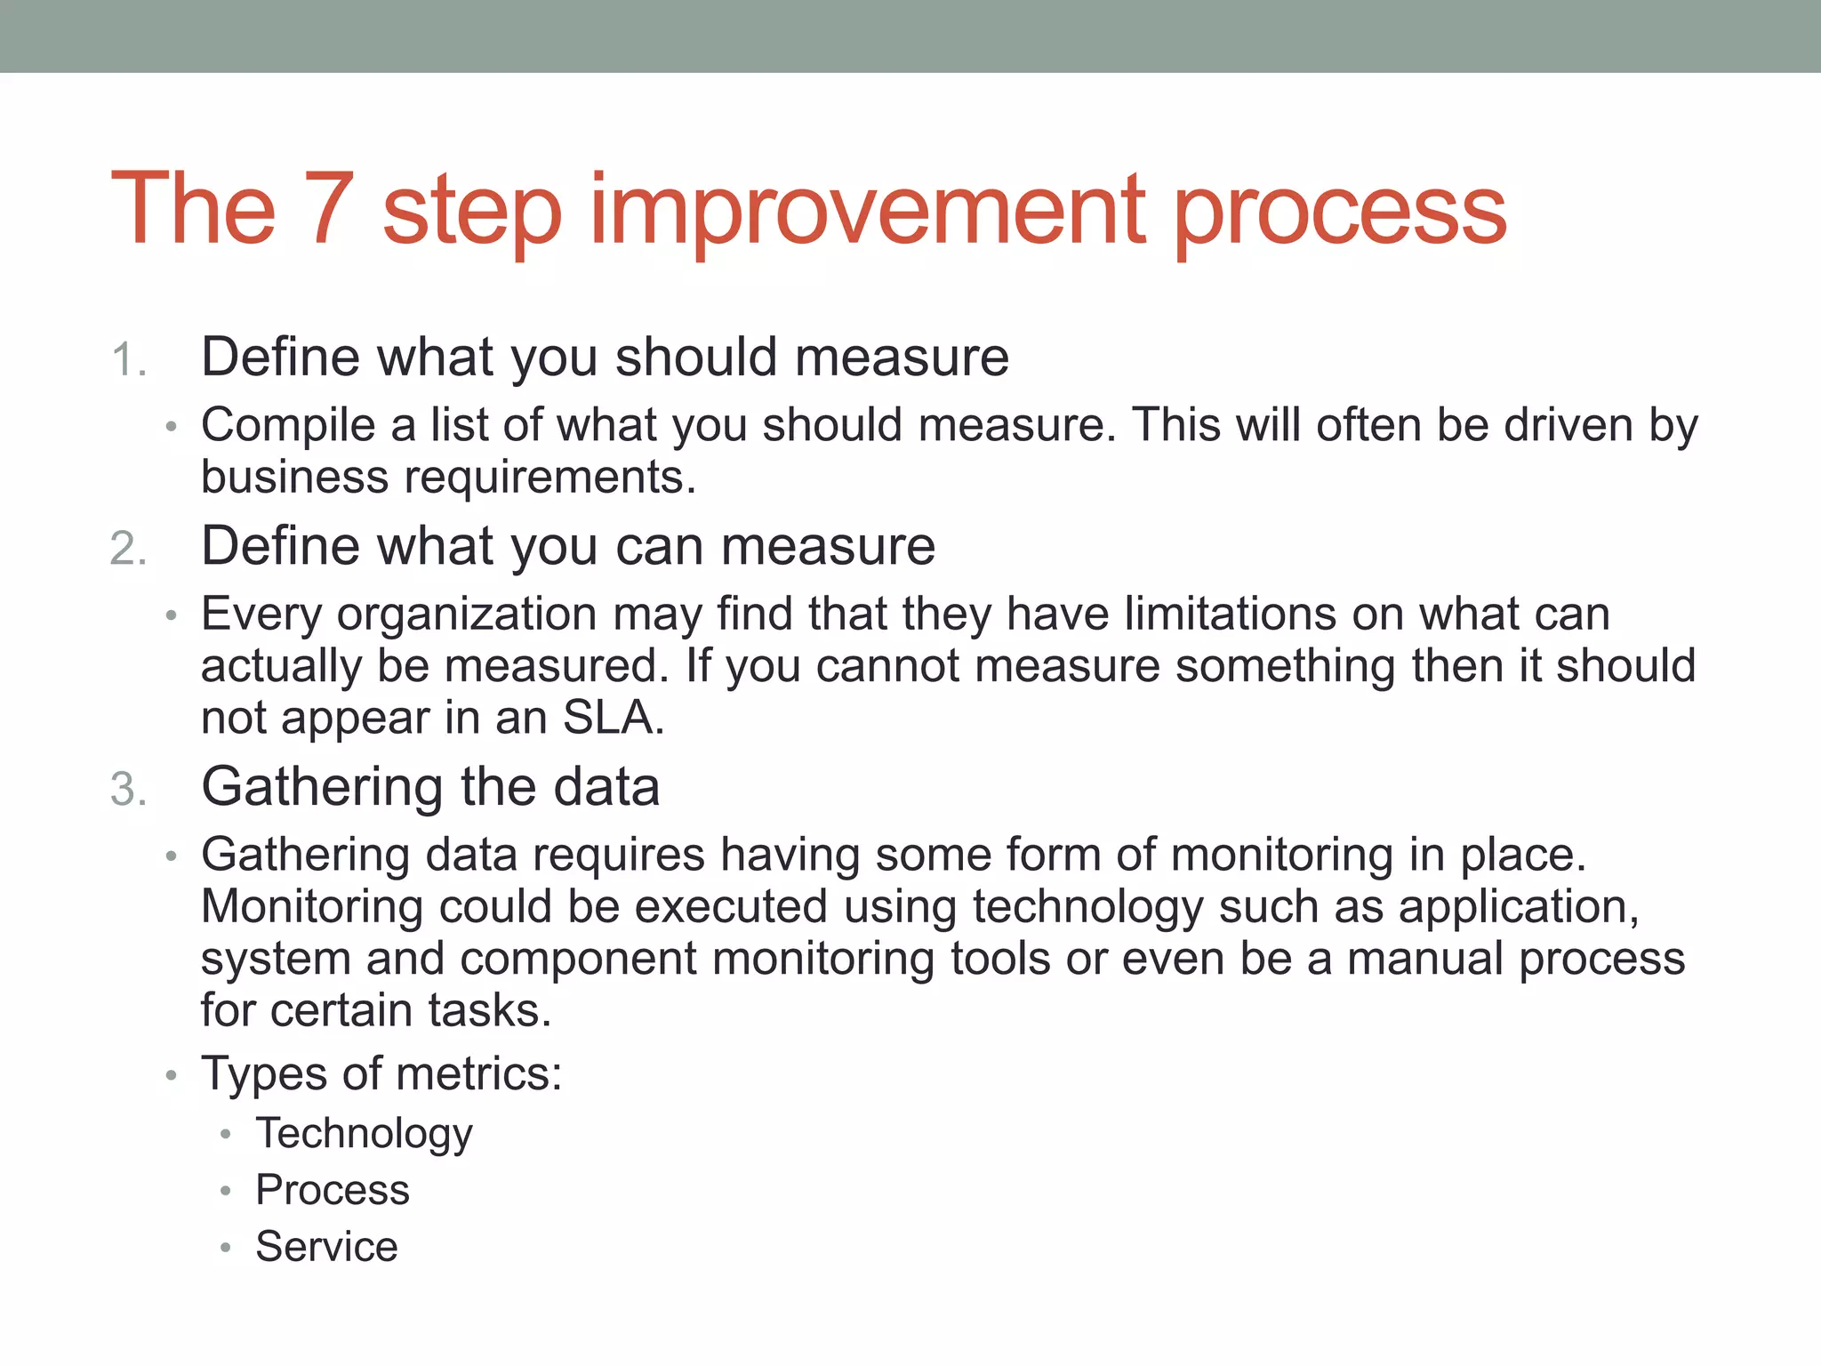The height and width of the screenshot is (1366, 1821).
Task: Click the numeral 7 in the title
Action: [x=329, y=209]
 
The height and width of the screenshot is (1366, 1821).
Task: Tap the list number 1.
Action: [x=127, y=361]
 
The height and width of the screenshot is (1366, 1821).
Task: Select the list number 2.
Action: [x=127, y=549]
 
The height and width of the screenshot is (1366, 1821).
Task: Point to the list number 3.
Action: [x=127, y=791]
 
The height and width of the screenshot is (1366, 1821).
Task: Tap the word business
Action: [x=294, y=478]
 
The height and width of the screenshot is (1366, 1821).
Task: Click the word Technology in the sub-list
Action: [x=364, y=1135]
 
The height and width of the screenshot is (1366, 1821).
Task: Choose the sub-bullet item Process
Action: [x=333, y=1191]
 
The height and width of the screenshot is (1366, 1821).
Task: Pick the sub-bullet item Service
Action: [x=326, y=1247]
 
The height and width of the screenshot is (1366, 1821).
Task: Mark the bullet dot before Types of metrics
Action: [x=172, y=1076]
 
